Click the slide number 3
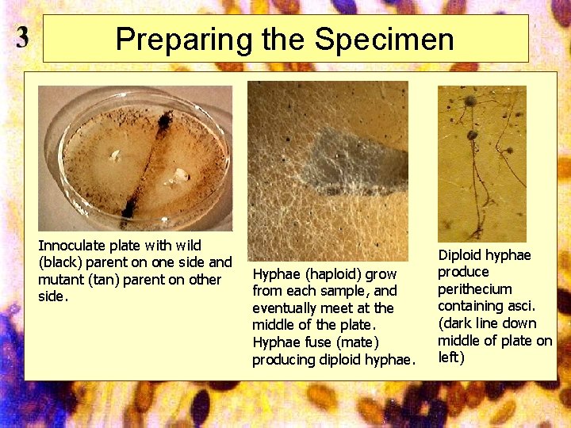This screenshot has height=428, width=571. click(23, 37)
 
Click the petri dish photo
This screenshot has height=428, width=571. click(135, 158)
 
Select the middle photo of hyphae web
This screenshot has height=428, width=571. click(328, 170)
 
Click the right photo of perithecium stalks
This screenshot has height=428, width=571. click(481, 162)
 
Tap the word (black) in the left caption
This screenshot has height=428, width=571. click(59, 262)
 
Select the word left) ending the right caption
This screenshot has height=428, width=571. click(451, 357)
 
